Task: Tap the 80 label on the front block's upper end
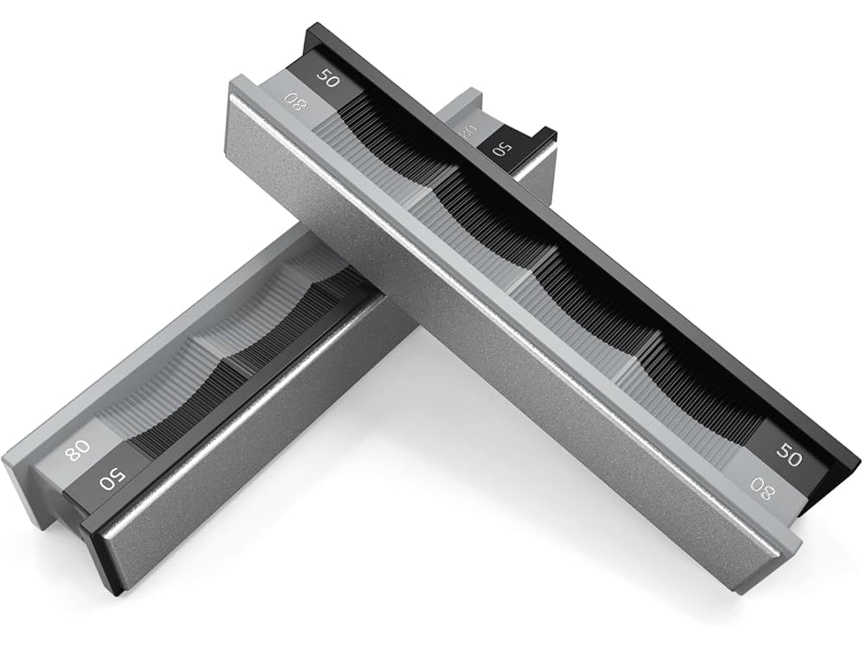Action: click(x=298, y=102)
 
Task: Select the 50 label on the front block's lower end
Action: click(x=789, y=456)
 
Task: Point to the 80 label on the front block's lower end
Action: click(x=762, y=489)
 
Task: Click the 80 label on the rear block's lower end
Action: click(x=78, y=450)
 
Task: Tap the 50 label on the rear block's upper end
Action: click(x=503, y=150)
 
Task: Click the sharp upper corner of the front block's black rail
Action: click(x=307, y=24)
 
